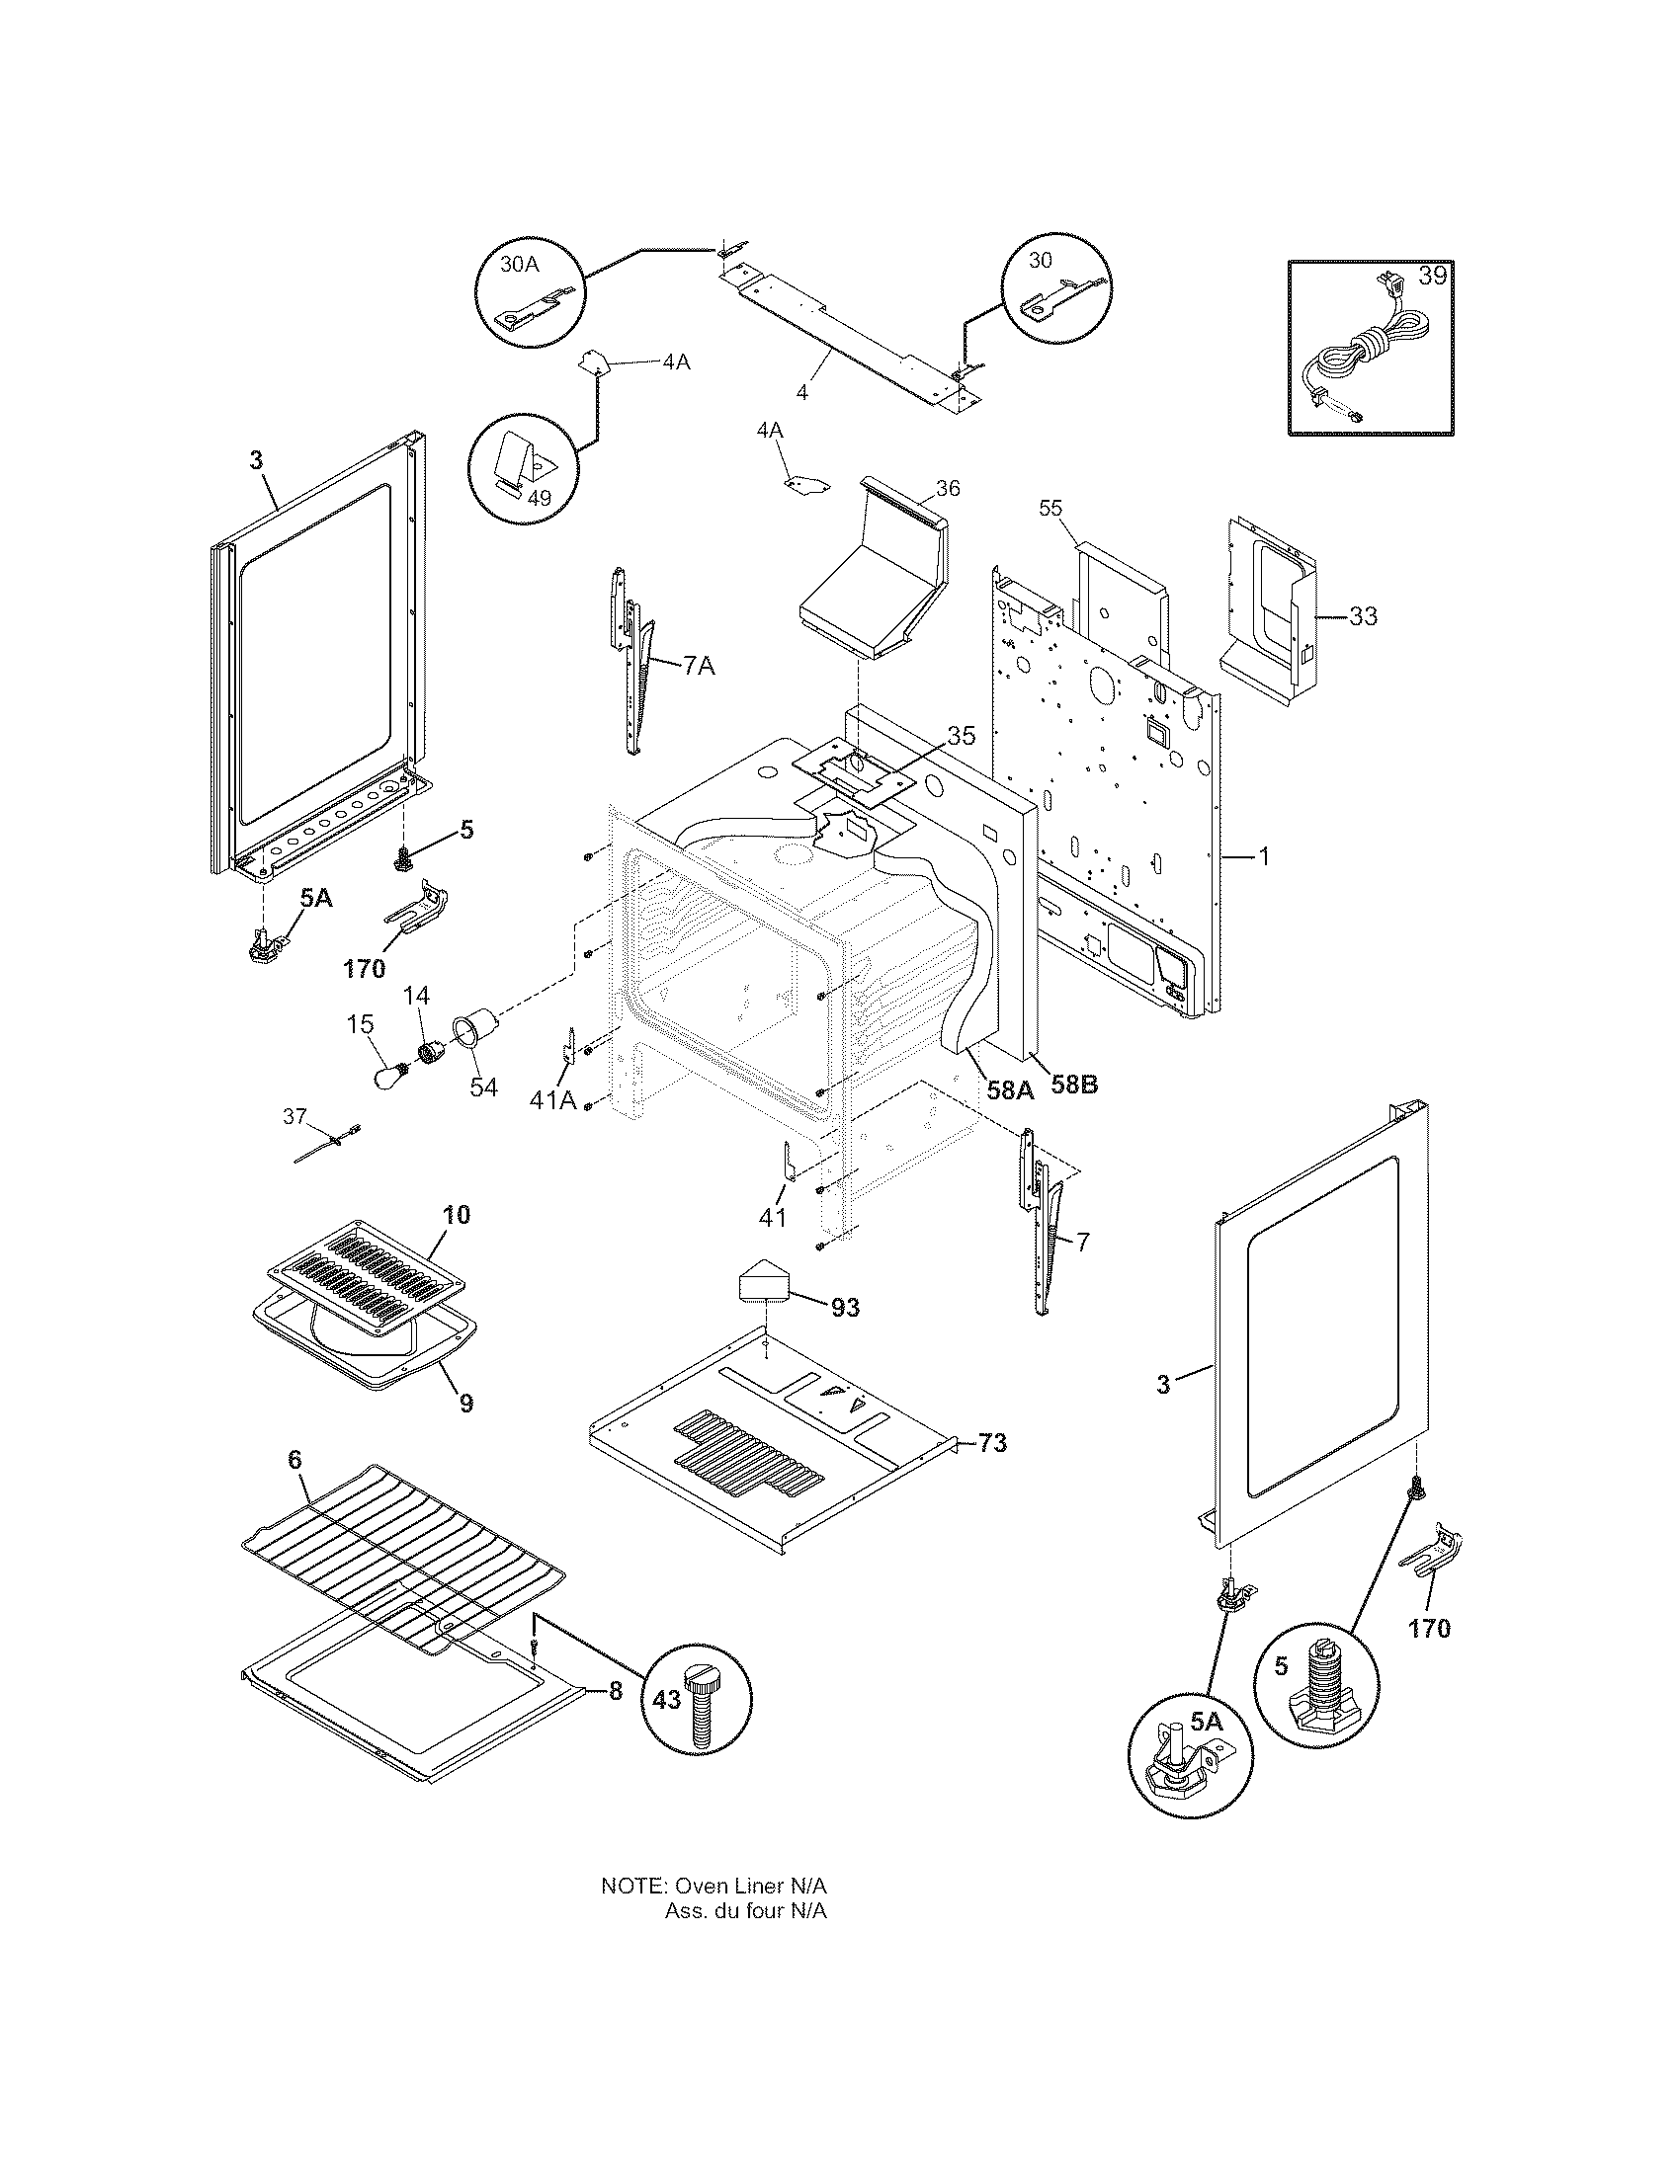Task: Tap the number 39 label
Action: coord(1432,277)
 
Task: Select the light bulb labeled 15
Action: coord(388,1076)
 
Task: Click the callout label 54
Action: coord(483,1087)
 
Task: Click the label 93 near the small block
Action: coord(844,1309)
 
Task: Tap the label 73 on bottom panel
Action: coord(992,1443)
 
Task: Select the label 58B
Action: coord(1074,1086)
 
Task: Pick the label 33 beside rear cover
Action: coord(1363,617)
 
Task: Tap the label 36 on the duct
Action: coord(948,488)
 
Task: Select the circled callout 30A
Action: coord(520,265)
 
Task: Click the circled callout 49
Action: coord(539,498)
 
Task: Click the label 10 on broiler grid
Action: coord(457,1214)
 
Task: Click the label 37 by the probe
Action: coord(294,1116)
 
